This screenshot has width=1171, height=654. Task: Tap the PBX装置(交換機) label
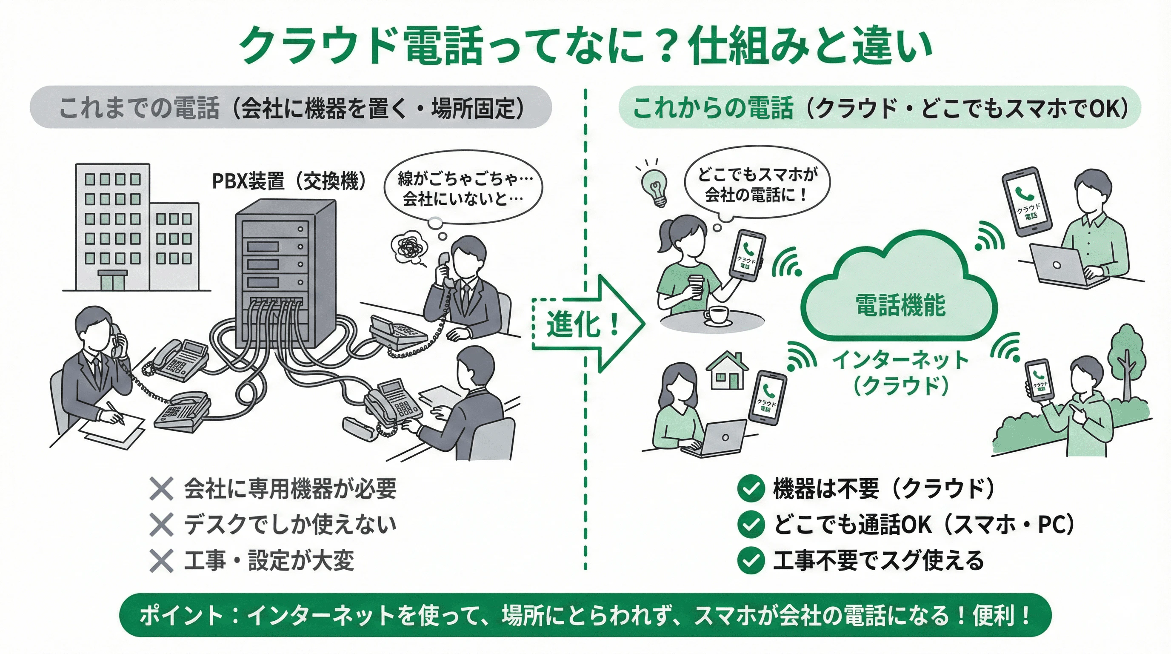(x=289, y=181)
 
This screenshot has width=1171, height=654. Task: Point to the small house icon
(x=727, y=371)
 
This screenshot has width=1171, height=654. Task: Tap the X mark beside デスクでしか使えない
(x=161, y=525)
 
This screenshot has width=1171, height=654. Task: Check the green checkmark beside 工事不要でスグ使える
(x=751, y=560)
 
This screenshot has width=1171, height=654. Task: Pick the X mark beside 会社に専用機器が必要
(x=161, y=489)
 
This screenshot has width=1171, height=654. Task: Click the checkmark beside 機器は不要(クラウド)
(x=751, y=488)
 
